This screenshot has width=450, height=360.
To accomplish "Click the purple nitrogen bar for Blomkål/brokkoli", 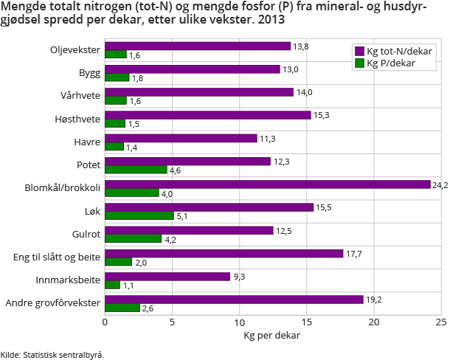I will pos(267,184).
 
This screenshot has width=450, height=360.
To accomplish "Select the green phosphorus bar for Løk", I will pos(139,216).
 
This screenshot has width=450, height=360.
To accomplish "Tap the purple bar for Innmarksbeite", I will pos(167,277).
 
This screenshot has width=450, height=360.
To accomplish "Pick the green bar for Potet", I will pos(136,170).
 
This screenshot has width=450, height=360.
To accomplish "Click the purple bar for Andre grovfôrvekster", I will pos(234,300).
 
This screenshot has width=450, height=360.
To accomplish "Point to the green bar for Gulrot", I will pos(133,239).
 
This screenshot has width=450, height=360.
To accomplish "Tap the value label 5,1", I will pos(182,216).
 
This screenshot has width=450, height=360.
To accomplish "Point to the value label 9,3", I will pos(240,277).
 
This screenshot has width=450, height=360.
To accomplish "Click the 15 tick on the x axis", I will pos(306,322).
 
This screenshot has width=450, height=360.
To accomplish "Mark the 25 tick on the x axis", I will pos(440,322).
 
